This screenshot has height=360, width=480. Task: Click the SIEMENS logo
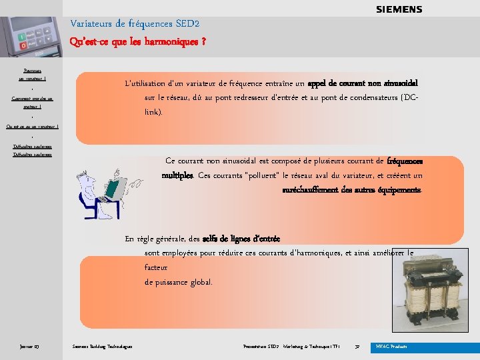[x=399, y=9]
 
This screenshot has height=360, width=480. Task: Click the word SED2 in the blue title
[x=187, y=24]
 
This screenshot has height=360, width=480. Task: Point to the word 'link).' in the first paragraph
[x=153, y=112]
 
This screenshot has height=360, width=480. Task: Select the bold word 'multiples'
[x=177, y=175]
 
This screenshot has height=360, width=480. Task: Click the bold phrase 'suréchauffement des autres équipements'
[x=352, y=189]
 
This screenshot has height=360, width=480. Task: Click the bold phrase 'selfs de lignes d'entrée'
[x=241, y=239]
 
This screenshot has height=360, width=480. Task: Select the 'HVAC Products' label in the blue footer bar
[x=391, y=347]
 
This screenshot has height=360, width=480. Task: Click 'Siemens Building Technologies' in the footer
[x=102, y=347]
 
